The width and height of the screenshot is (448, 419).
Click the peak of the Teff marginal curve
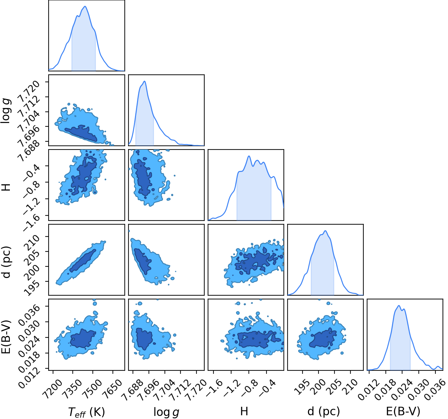tap(85, 6)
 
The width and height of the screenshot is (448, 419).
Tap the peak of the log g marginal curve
tap(145, 81)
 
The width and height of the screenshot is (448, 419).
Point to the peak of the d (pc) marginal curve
tap(325, 231)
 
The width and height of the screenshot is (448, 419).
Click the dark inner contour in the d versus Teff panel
tap(83, 261)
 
